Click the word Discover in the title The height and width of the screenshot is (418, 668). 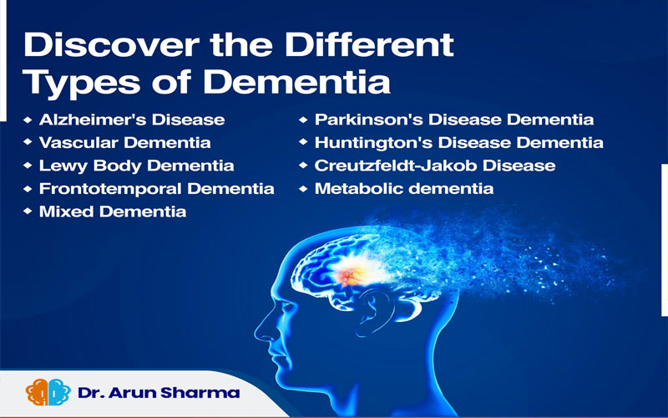pyautogui.click(x=112, y=45)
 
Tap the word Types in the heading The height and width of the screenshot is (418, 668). pyautogui.click(x=82, y=82)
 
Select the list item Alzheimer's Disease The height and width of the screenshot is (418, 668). pyautogui.click(x=132, y=120)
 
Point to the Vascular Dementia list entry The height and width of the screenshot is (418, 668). pyautogui.click(x=124, y=142)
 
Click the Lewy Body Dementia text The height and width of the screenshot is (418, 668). pyautogui.click(x=136, y=166)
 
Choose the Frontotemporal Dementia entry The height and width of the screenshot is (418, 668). pyautogui.click(x=156, y=189)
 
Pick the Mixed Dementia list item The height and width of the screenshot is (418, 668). pyautogui.click(x=113, y=212)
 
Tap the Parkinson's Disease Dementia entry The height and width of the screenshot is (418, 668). pyautogui.click(x=454, y=120)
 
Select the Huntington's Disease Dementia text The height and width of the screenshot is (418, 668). pyautogui.click(x=458, y=142)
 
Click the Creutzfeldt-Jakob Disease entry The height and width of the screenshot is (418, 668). pyautogui.click(x=435, y=166)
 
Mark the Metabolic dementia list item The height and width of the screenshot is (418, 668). pyautogui.click(x=404, y=189)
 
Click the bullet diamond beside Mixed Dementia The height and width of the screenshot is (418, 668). pyautogui.click(x=28, y=211)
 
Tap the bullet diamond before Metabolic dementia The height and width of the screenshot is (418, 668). pyautogui.click(x=303, y=188)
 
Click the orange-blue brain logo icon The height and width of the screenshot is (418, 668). pyautogui.click(x=48, y=392)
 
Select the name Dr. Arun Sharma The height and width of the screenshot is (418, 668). pyautogui.click(x=159, y=392)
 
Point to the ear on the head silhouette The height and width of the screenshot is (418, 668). pyautogui.click(x=372, y=310)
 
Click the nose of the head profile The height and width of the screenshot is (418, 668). pyautogui.click(x=261, y=330)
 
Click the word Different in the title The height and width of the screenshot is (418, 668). pyautogui.click(x=369, y=45)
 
